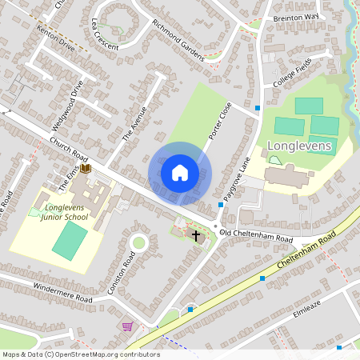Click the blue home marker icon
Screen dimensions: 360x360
pyautogui.click(x=180, y=173)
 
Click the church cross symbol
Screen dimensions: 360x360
pyautogui.click(x=196, y=235)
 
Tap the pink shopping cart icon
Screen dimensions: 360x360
pyautogui.click(x=126, y=326)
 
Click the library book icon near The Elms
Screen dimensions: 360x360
pyautogui.click(x=86, y=169)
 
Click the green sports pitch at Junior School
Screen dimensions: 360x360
pyautogui.click(x=70, y=239)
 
